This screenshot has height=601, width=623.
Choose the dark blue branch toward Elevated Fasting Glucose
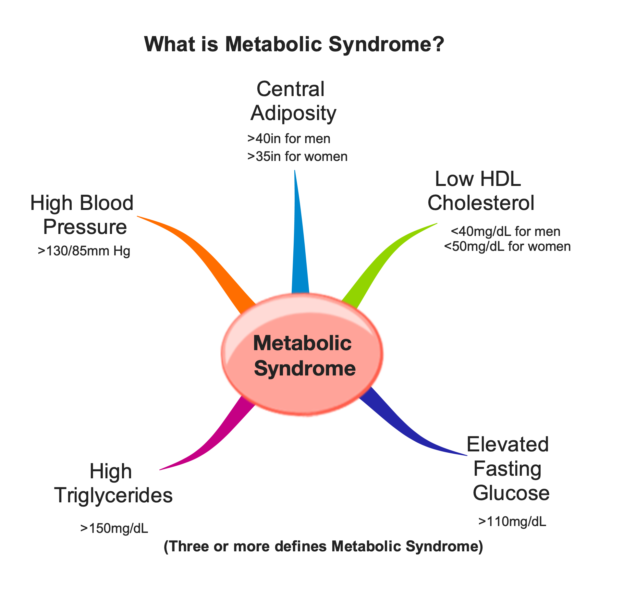click(399, 425)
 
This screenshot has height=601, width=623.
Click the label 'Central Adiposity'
click(292, 101)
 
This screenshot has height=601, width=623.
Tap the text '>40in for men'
click(288, 139)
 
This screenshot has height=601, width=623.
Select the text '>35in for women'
click(297, 156)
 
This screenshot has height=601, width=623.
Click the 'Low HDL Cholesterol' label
click(480, 191)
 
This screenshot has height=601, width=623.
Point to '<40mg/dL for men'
click(506, 231)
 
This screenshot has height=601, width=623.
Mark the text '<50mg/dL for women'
click(507, 246)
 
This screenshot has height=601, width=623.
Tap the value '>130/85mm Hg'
click(84, 251)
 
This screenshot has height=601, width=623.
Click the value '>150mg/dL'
click(114, 528)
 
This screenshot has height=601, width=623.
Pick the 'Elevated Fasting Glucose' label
click(509, 469)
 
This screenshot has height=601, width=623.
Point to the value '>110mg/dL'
click(512, 521)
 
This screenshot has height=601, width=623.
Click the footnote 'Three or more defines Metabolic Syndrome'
click(323, 546)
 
